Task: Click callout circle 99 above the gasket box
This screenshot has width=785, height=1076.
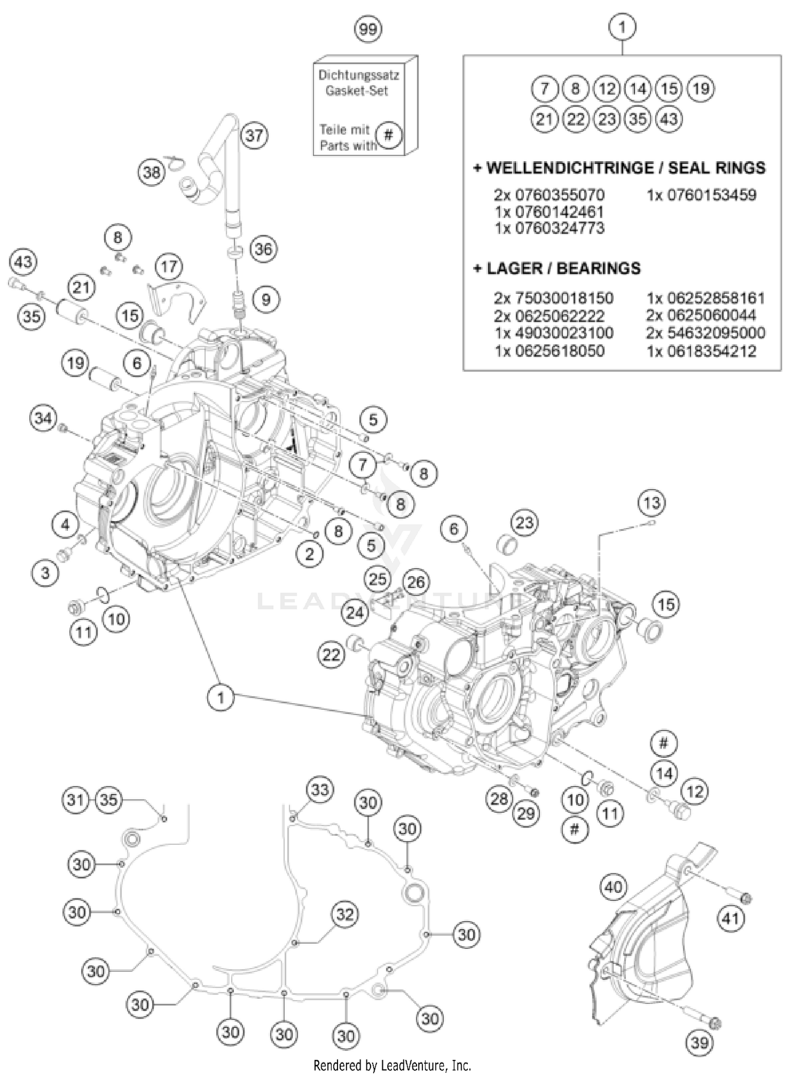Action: (x=368, y=29)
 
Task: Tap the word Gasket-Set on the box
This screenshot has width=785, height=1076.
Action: (x=356, y=91)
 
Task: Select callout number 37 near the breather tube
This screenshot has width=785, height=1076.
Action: (x=254, y=136)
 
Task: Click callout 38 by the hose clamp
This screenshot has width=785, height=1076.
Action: (x=152, y=171)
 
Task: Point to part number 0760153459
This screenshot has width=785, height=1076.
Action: (x=701, y=195)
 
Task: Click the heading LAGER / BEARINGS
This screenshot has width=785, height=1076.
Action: (x=557, y=268)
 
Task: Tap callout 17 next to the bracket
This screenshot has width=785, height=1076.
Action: (x=169, y=267)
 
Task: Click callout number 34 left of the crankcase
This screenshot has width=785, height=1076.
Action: (x=43, y=418)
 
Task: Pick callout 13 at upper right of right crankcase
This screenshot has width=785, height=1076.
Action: (x=652, y=503)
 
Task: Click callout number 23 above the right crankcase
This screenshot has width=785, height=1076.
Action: (x=524, y=522)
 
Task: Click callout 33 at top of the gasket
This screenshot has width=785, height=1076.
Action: (x=320, y=789)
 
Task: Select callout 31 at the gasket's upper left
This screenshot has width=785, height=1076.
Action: (x=76, y=800)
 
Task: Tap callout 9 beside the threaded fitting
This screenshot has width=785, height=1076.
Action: (x=266, y=300)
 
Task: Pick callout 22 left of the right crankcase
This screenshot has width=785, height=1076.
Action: (x=331, y=654)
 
